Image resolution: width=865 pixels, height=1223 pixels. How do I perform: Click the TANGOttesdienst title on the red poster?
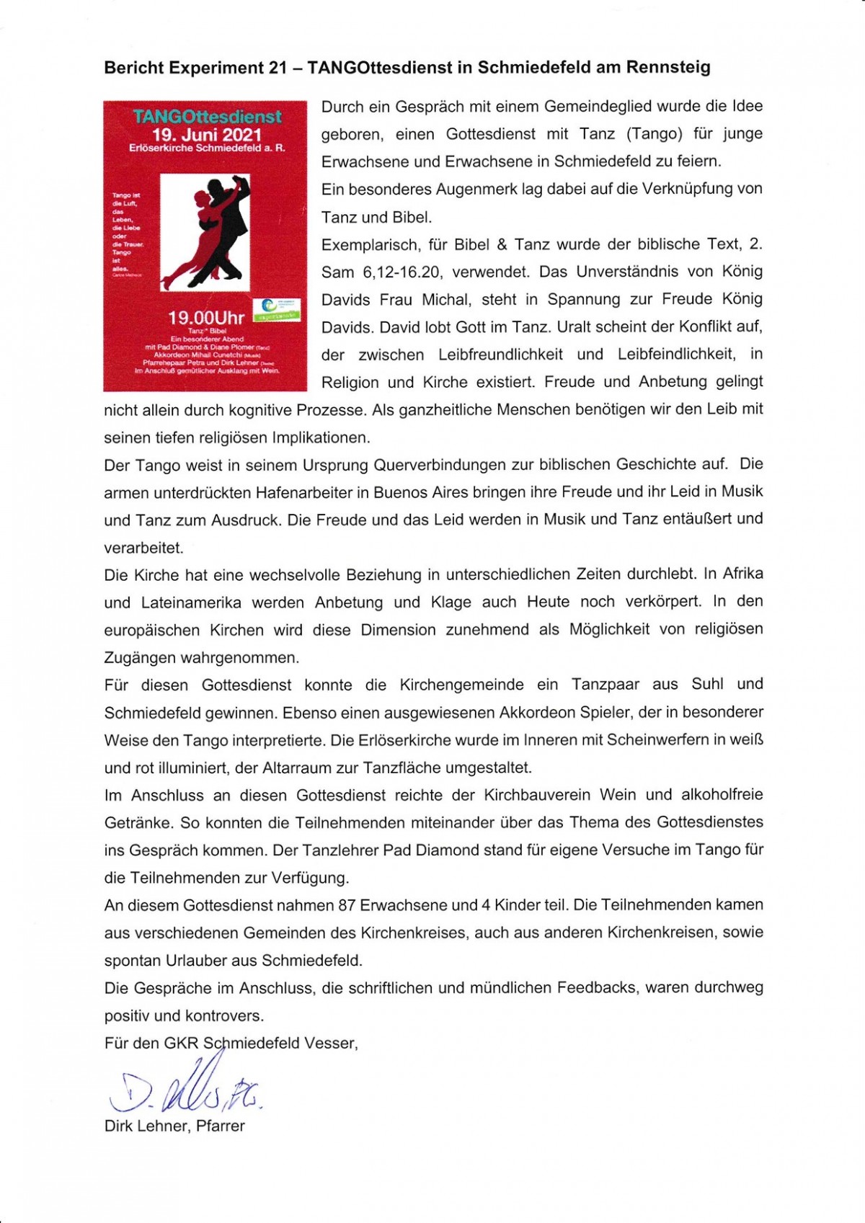coord(208,117)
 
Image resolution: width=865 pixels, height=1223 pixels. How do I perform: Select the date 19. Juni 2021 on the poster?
coord(207,135)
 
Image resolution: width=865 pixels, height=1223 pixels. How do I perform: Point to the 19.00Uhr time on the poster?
coord(206,318)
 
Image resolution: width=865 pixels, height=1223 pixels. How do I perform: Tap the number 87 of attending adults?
coord(346,905)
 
